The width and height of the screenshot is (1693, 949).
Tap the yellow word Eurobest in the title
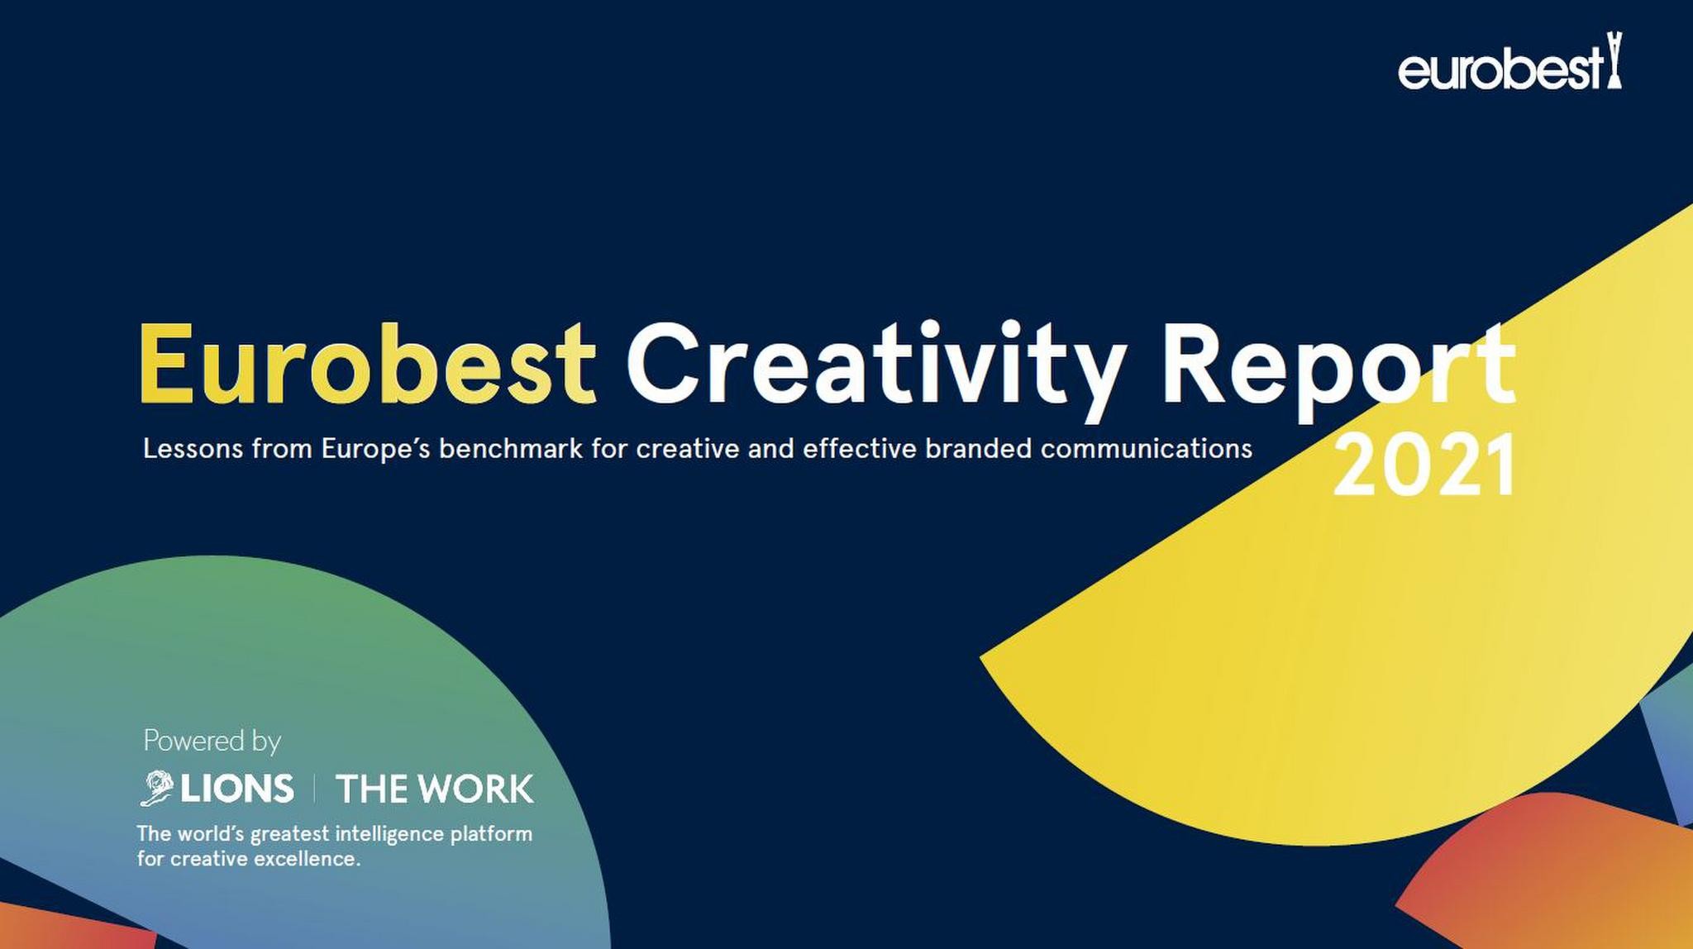point(367,363)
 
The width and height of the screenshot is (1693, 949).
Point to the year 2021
point(1424,465)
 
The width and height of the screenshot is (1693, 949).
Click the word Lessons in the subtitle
point(193,449)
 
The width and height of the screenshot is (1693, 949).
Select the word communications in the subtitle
point(1147,449)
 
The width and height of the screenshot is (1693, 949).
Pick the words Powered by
point(212,741)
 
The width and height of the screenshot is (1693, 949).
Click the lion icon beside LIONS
point(157,788)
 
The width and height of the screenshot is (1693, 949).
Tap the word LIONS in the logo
point(237,789)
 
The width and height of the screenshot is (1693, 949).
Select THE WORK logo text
point(435,789)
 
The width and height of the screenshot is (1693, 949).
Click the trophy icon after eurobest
point(1614,60)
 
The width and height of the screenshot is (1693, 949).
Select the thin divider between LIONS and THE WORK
point(314,789)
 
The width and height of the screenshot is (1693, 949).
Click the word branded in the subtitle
point(979,449)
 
